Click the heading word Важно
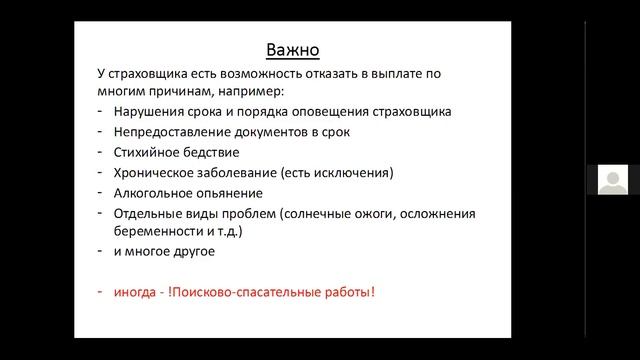point(295,49)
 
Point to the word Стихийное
point(149,152)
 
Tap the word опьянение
point(233,192)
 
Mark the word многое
point(154,251)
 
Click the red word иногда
point(140,292)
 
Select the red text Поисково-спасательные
point(253,292)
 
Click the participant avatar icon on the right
point(612,180)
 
